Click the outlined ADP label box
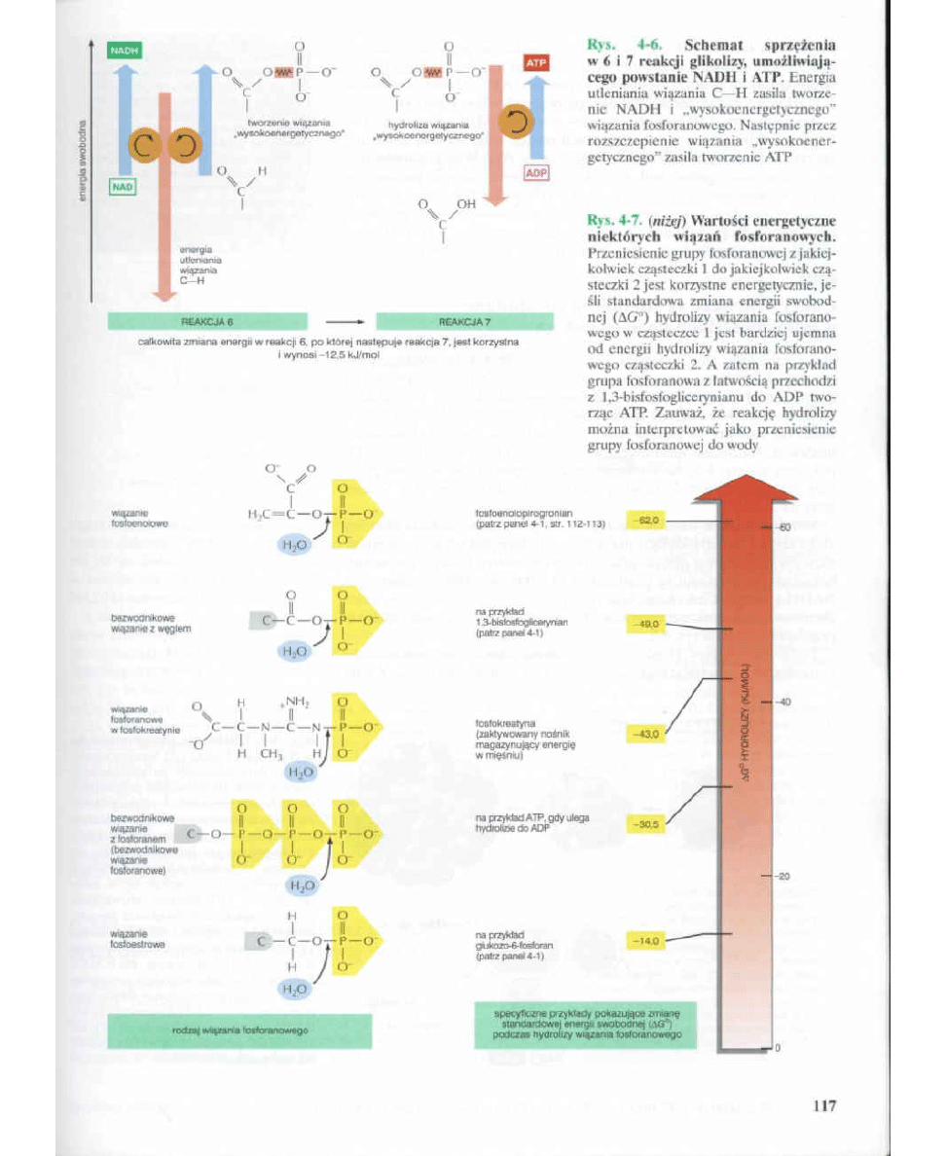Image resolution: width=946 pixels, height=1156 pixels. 537,173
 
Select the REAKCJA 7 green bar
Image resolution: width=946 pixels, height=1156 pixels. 464,320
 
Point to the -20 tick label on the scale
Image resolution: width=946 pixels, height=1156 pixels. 782,876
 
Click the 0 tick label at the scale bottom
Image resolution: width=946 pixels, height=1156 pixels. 780,1049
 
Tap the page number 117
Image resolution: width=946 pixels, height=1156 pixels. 823,1105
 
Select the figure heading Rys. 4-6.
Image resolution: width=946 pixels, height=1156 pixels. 624,45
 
